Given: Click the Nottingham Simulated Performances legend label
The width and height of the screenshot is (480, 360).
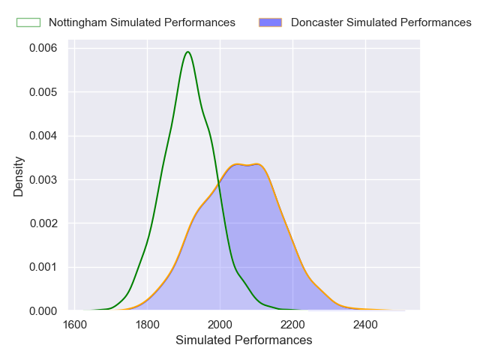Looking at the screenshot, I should click(x=142, y=22).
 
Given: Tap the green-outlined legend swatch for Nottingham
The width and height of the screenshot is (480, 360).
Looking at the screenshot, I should click(x=28, y=22).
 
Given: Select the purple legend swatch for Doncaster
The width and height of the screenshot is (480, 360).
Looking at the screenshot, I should click(x=270, y=22).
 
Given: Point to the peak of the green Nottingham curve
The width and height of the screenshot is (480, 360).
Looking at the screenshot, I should click(x=187, y=52).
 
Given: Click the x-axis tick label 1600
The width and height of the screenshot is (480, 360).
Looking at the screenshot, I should click(x=75, y=325).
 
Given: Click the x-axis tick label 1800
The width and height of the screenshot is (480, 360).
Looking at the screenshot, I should click(x=148, y=325).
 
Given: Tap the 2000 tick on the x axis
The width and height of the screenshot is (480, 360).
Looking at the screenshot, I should click(x=220, y=325).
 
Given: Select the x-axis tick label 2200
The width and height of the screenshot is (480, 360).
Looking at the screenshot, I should click(x=292, y=325).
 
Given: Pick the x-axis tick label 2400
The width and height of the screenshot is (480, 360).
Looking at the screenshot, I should click(x=365, y=325).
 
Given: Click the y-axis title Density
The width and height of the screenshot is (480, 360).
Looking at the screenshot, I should click(x=19, y=175).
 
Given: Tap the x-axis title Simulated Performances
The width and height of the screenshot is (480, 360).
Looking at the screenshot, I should click(x=244, y=340).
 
